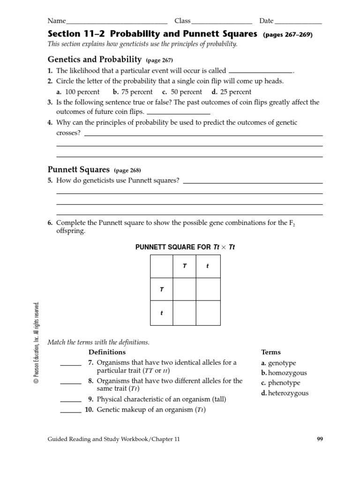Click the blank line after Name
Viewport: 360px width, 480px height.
[x=117, y=22]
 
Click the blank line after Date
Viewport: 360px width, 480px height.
[x=298, y=22]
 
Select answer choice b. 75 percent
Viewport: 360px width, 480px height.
[x=133, y=92]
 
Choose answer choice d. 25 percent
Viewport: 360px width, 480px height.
[x=231, y=92]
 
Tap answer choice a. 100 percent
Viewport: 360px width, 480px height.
[x=78, y=92]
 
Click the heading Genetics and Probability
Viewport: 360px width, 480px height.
[x=95, y=60]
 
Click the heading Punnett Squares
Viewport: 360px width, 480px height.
[x=79, y=170]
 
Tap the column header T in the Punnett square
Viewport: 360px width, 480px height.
[x=185, y=266]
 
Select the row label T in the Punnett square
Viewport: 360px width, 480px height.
[x=162, y=290]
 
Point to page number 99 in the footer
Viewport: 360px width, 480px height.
[x=319, y=439]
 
